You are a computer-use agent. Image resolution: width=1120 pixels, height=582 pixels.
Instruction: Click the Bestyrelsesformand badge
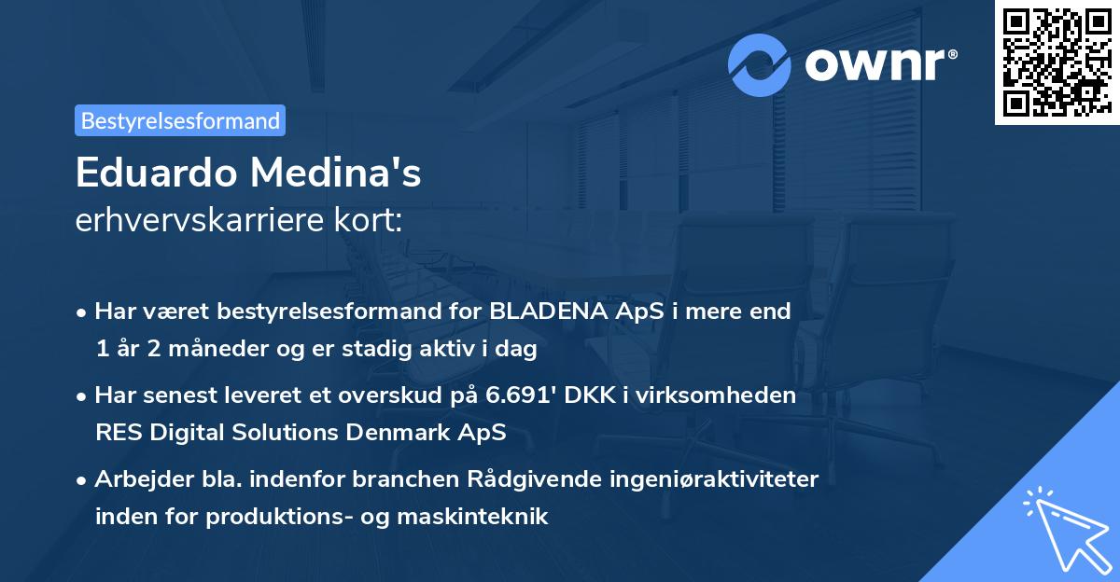click(x=180, y=120)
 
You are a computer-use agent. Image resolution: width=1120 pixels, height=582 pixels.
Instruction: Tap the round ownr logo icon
click(x=760, y=64)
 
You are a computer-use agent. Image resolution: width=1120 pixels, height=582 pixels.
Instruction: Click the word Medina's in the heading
click(x=335, y=173)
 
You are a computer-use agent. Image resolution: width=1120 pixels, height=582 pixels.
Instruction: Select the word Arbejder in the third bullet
click(x=137, y=479)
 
